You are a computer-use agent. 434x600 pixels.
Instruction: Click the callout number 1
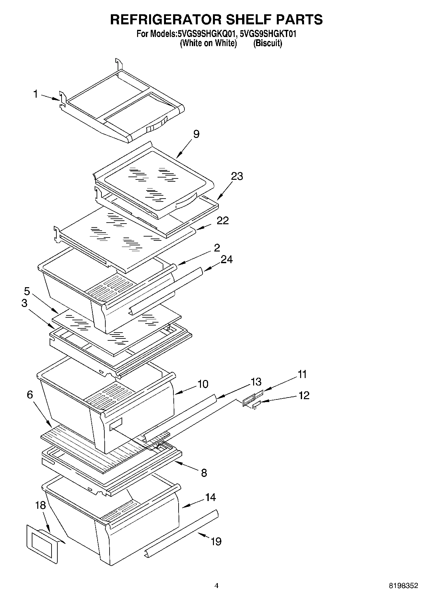[x=36, y=94]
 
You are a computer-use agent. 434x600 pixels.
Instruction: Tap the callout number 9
[x=196, y=134]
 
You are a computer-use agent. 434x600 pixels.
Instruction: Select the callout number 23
[x=237, y=176]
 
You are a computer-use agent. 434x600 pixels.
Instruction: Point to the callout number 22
[x=223, y=221]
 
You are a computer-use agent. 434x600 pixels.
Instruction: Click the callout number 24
[x=227, y=259]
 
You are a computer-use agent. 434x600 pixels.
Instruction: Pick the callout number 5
[x=27, y=291]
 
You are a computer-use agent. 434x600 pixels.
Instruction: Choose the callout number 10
[x=203, y=384]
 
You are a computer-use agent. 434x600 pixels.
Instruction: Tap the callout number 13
[x=256, y=382]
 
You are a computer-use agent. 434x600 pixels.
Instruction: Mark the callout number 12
[x=304, y=395]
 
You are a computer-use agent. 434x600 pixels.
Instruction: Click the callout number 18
[x=41, y=505]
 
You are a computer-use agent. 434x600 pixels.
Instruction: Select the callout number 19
[x=216, y=541]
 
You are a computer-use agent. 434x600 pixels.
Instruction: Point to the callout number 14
[x=210, y=497]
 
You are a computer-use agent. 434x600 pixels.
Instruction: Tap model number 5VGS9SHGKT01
[x=268, y=33]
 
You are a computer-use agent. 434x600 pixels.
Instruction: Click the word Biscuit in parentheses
[x=268, y=43]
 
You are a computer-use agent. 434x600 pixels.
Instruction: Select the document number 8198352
[x=404, y=586]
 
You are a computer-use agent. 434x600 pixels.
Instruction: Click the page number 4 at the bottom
[x=217, y=586]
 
